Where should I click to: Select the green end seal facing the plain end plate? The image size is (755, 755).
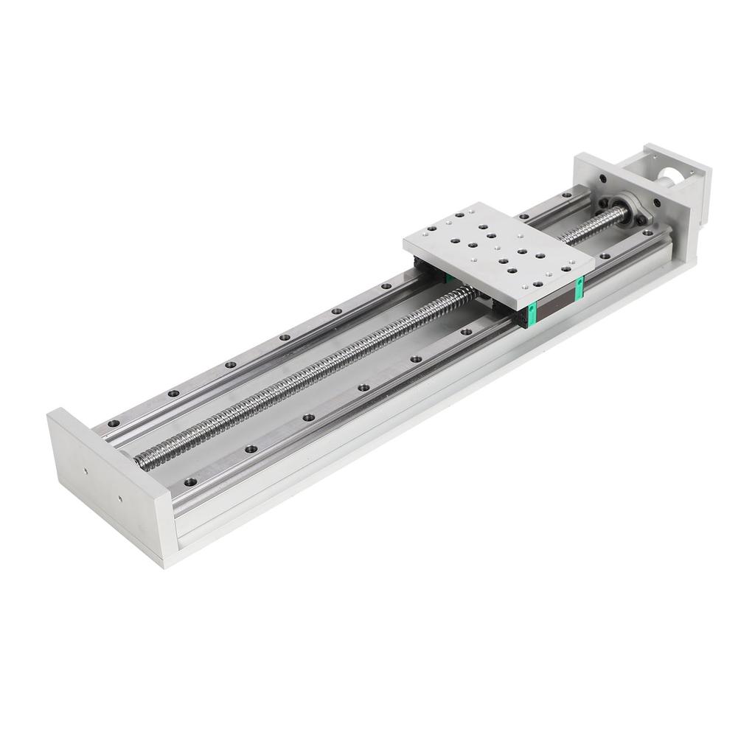[531, 314]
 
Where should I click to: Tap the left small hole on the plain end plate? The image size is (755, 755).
[87, 469]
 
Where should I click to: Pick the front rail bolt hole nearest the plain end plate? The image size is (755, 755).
[190, 481]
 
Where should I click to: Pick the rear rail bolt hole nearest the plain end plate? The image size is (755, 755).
[114, 424]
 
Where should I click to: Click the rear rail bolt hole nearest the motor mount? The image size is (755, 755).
[566, 195]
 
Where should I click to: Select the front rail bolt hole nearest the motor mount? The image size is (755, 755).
[605, 256]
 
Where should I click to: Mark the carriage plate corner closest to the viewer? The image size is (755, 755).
[529, 305]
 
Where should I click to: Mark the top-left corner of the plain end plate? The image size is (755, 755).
[51, 414]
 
